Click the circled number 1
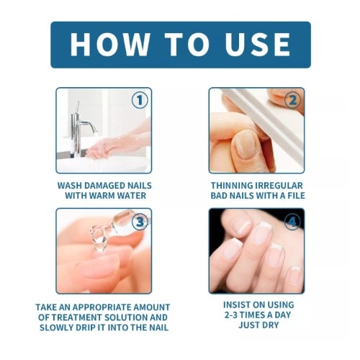[x=140, y=100]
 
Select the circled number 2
[x=292, y=100]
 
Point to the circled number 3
[x=140, y=222]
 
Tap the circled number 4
[x=292, y=222]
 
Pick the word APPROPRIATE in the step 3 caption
[x=102, y=307]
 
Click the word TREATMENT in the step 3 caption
[x=78, y=318]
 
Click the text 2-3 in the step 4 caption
[x=231, y=315]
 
